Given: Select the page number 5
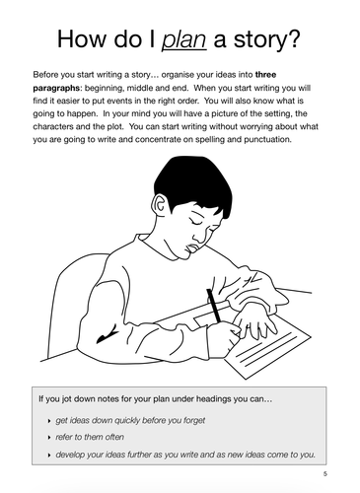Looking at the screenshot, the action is (324, 474).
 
